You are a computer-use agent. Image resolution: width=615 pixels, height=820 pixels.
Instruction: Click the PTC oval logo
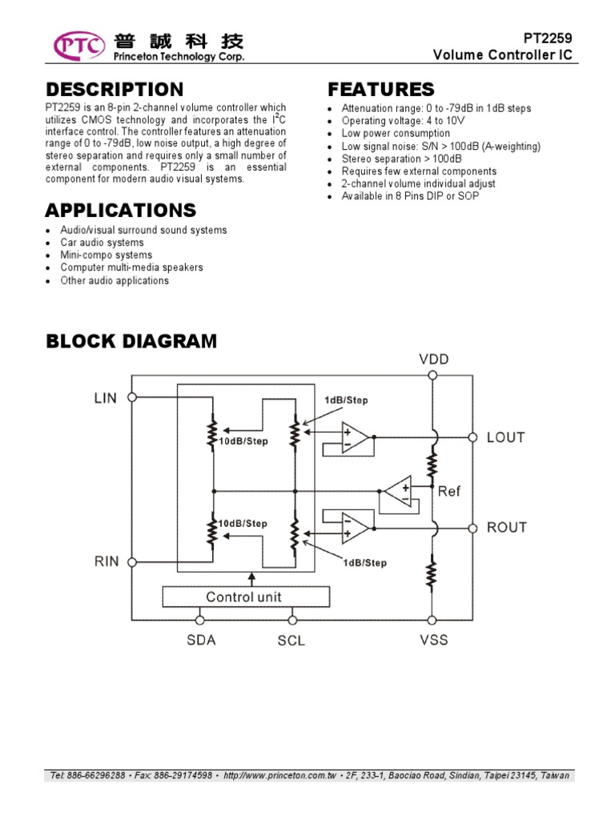(78, 46)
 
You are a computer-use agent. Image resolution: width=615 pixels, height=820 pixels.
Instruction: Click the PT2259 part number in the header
(549, 38)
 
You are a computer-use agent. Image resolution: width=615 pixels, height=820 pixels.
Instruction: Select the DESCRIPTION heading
(115, 89)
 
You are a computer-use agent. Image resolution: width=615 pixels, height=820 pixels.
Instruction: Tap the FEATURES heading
(381, 89)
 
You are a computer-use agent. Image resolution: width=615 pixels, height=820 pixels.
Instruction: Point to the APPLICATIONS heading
(120, 211)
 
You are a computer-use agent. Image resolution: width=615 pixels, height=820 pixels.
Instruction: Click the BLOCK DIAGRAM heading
(131, 341)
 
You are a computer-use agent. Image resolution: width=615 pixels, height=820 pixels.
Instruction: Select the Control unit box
(244, 597)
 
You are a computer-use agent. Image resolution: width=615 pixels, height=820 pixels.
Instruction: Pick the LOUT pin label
(506, 437)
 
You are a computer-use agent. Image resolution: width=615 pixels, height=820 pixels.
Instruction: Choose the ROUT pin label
(507, 527)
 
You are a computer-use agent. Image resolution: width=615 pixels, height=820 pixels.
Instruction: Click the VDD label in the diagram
(434, 360)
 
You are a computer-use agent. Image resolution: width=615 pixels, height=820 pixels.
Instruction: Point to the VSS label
(433, 640)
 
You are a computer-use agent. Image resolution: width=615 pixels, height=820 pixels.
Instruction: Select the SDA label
(202, 640)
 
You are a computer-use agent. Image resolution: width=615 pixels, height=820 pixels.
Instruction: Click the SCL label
(291, 641)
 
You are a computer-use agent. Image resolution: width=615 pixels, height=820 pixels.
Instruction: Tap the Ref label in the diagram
(449, 491)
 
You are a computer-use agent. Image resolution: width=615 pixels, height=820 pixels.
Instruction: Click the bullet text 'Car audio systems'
(102, 243)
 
